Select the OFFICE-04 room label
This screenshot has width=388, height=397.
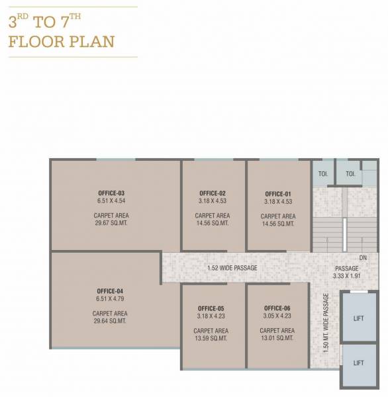[110, 290]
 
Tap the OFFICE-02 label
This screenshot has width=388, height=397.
[213, 193]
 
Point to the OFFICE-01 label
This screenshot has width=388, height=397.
[278, 194]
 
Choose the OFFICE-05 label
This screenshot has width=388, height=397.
[211, 308]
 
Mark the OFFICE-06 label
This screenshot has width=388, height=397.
[277, 308]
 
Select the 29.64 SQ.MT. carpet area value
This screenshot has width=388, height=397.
[110, 322]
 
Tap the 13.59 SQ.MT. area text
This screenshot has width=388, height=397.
[211, 339]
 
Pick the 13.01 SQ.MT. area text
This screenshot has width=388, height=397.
[277, 339]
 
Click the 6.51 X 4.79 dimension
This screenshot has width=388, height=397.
[110, 298]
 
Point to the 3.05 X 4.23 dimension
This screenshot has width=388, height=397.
[277, 316]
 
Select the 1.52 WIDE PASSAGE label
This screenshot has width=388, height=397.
[232, 268]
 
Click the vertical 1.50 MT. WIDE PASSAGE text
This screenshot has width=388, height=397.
[325, 323]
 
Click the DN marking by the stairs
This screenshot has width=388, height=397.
[363, 257]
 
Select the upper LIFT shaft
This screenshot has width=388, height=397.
[358, 318]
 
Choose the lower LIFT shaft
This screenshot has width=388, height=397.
[358, 363]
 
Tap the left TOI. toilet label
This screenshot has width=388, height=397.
[323, 175]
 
